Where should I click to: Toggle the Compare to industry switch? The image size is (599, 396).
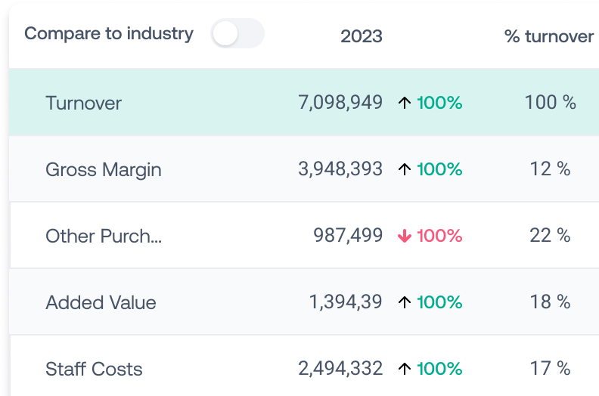pyautogui.click(x=237, y=34)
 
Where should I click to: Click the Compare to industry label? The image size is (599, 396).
pyautogui.click(x=109, y=34)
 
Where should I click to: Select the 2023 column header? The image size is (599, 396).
pyautogui.click(x=361, y=36)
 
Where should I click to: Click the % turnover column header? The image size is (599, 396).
pyautogui.click(x=549, y=36)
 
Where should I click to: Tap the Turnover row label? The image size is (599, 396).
pyautogui.click(x=83, y=103)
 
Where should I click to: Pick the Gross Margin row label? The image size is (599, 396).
pyautogui.click(x=104, y=169)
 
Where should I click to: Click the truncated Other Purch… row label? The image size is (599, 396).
pyautogui.click(x=104, y=236)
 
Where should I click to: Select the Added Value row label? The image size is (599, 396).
pyautogui.click(x=101, y=302)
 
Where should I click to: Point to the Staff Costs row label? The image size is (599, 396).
pyautogui.click(x=94, y=369)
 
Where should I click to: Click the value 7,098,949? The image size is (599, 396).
pyautogui.click(x=340, y=103)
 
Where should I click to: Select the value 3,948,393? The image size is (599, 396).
pyautogui.click(x=340, y=169)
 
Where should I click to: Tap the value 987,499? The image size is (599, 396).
pyautogui.click(x=348, y=236)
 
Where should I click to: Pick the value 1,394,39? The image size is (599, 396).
pyautogui.click(x=346, y=302)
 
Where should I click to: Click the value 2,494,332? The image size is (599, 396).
pyautogui.click(x=340, y=369)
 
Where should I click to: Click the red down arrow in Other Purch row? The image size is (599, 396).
pyautogui.click(x=405, y=236)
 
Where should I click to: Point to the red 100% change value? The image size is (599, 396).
pyautogui.click(x=439, y=236)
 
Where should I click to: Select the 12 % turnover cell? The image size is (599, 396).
pyautogui.click(x=550, y=169)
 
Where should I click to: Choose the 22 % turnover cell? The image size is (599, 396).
pyautogui.click(x=550, y=236)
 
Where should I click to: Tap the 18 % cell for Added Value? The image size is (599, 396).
pyautogui.click(x=550, y=302)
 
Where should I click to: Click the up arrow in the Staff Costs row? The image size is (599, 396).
pyautogui.click(x=405, y=369)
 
